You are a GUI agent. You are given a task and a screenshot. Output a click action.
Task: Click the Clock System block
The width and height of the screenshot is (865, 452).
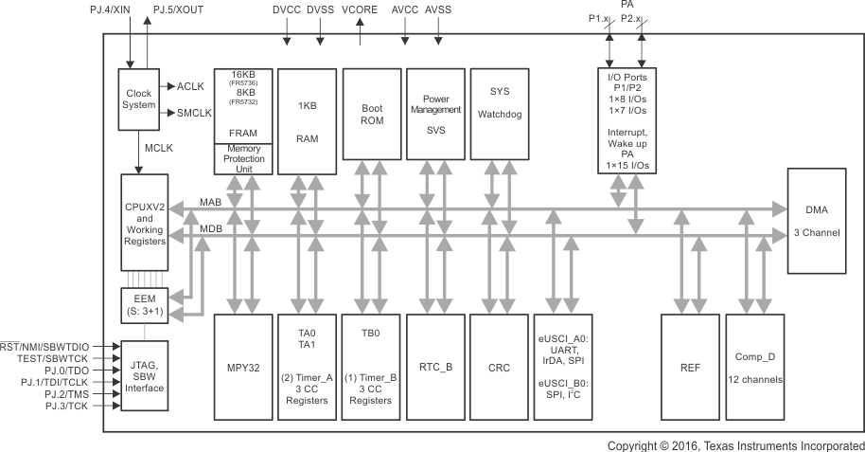[x=140, y=99]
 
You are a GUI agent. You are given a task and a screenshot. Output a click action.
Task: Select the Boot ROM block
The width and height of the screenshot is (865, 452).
[x=370, y=120]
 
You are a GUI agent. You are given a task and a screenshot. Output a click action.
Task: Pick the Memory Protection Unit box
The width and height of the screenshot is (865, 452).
[x=243, y=158]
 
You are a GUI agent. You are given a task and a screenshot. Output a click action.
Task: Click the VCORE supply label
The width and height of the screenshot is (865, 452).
[x=361, y=10]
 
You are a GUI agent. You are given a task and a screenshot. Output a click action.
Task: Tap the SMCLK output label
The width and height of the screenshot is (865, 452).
[x=197, y=113]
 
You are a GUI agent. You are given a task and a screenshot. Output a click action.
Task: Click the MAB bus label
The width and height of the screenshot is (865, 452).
[x=211, y=202]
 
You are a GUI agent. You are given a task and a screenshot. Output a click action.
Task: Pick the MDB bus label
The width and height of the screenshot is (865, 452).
[x=211, y=228]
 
